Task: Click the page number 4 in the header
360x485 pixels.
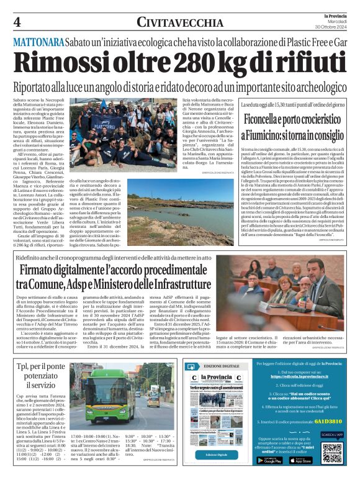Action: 17,22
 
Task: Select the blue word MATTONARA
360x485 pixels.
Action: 38,42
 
